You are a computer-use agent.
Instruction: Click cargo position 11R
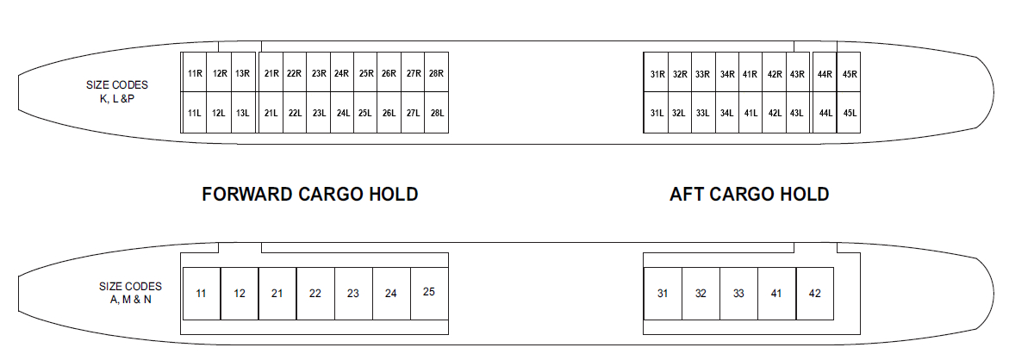pyautogui.click(x=195, y=72)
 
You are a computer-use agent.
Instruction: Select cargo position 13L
pyautogui.click(x=243, y=113)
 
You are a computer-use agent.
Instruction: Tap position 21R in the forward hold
pyautogui.click(x=271, y=72)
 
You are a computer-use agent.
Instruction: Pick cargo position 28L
pyautogui.click(x=437, y=113)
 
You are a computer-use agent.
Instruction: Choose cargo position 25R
pyautogui.click(x=365, y=72)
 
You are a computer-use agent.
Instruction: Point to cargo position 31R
pyautogui.click(x=657, y=73)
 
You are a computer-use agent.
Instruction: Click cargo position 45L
pyautogui.click(x=850, y=113)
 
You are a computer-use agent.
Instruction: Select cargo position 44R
pyautogui.click(x=825, y=73)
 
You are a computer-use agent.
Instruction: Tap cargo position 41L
pyautogui.click(x=751, y=113)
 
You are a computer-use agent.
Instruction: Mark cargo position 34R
pyautogui.click(x=727, y=73)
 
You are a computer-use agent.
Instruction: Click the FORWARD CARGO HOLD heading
pyautogui.click(x=310, y=194)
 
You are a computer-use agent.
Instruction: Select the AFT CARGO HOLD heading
pyautogui.click(x=749, y=194)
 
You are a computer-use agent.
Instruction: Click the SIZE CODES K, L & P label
pyautogui.click(x=117, y=92)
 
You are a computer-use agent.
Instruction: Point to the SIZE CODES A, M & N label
pyautogui.click(x=130, y=293)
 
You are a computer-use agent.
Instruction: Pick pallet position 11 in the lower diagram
pyautogui.click(x=202, y=294)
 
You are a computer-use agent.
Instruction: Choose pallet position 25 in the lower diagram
pyautogui.click(x=429, y=293)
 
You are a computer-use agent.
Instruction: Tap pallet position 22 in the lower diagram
pyautogui.click(x=315, y=294)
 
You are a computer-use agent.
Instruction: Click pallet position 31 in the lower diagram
pyautogui.click(x=663, y=294)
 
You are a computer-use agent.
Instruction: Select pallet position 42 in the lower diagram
pyautogui.click(x=814, y=294)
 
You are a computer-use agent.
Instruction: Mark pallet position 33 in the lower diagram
pyautogui.click(x=738, y=294)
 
